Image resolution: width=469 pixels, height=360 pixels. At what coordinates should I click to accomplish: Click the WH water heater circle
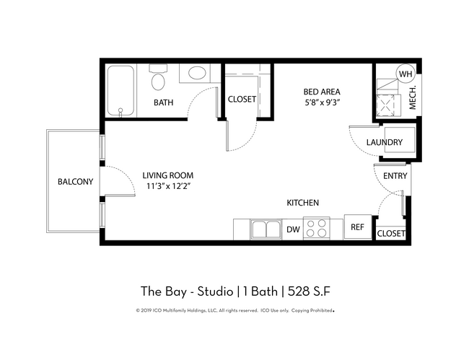tap(406, 73)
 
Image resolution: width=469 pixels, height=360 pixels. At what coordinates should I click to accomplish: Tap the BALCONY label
tap(75, 182)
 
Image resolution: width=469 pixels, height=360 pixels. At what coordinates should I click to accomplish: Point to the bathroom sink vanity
tap(194, 74)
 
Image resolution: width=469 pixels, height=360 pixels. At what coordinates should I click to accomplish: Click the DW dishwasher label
tap(292, 230)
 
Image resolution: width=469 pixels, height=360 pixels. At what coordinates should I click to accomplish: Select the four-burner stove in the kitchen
tap(316, 229)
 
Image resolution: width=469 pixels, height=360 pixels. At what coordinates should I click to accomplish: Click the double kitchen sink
tap(266, 229)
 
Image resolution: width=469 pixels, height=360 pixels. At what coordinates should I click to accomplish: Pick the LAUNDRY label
tap(383, 142)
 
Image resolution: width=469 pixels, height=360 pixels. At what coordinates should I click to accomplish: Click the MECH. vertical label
tap(413, 99)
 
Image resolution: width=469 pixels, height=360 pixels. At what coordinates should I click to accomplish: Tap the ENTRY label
tap(395, 176)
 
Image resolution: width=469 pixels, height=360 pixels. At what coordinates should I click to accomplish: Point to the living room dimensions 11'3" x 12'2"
tap(167, 186)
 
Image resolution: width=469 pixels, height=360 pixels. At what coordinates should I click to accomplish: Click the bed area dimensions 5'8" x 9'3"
tap(321, 102)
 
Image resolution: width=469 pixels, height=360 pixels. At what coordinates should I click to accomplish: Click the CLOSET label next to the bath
tap(242, 100)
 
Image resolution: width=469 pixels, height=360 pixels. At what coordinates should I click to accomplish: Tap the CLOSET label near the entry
tap(391, 234)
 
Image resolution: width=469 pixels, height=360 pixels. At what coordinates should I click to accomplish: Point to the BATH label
tap(163, 102)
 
